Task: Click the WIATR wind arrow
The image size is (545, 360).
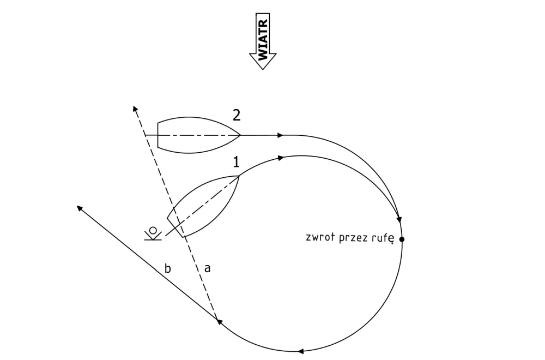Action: [263, 41]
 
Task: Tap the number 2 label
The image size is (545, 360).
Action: [237, 115]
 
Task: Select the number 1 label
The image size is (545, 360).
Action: [237, 162]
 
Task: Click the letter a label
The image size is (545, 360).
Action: [208, 268]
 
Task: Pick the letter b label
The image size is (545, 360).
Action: [167, 268]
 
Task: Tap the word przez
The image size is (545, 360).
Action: [353, 238]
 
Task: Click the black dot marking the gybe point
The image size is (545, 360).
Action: [402, 239]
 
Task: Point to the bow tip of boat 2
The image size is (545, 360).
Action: [240, 135]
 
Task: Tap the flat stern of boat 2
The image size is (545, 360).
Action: [158, 135]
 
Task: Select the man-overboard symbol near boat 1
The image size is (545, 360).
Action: [153, 233]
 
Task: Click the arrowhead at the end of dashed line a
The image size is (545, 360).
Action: [135, 109]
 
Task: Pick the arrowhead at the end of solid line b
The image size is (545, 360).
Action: [79, 208]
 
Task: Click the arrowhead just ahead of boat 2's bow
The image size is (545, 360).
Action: [281, 135]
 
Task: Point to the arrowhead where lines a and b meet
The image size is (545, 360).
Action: [219, 321]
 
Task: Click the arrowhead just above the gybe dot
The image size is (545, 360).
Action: [399, 219]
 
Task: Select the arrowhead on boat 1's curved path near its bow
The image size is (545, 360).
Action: [281, 158]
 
